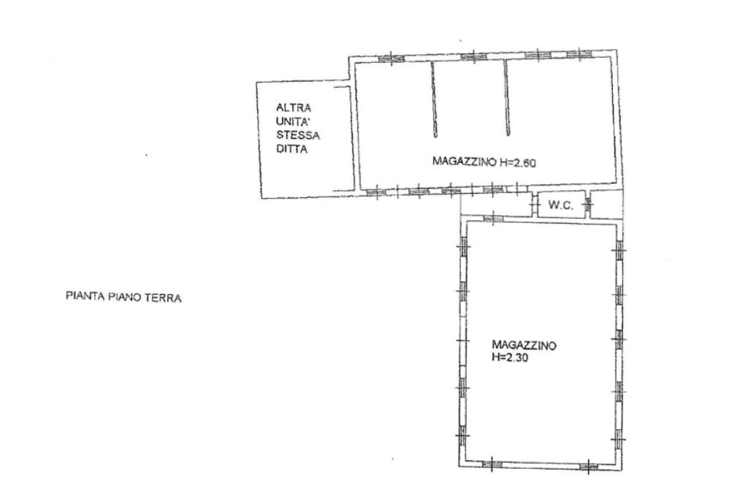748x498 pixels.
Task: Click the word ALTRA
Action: coord(294,108)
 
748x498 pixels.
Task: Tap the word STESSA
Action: coord(298,135)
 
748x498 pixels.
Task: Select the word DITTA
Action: coord(292,149)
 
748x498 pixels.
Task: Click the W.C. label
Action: coord(560,205)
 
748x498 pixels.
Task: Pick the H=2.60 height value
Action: coord(518,162)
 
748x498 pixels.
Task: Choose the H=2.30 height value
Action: coord(509,357)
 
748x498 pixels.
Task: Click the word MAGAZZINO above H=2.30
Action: coord(524,344)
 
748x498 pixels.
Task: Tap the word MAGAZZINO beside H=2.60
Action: coord(464,161)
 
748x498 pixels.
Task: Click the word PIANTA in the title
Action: coord(85,296)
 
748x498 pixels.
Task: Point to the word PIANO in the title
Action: coord(124,297)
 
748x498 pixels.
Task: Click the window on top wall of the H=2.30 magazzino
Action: coord(493,218)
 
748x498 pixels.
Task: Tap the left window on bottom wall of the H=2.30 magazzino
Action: coord(492,463)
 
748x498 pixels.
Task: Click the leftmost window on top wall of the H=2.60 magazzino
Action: coord(392,59)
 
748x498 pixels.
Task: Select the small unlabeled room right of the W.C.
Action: coord(606,204)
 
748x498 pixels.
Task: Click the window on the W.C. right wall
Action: coord(588,204)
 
